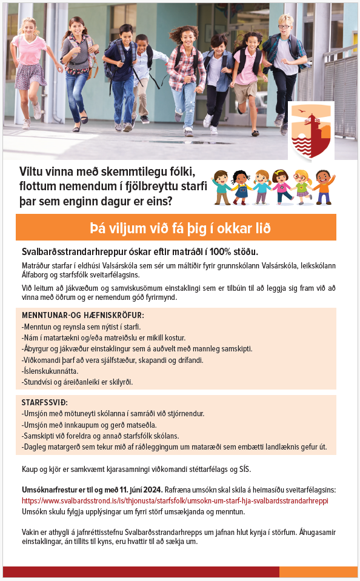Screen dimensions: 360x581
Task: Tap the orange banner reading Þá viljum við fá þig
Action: (176, 228)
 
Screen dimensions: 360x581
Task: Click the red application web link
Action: (175, 501)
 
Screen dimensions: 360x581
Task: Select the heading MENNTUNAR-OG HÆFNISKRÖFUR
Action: (83, 316)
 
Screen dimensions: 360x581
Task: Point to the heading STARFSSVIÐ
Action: (44, 402)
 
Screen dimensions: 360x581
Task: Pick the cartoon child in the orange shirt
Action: (322, 187)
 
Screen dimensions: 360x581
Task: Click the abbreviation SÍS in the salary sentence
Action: (243, 470)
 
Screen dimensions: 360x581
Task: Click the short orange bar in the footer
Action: (318, 572)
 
